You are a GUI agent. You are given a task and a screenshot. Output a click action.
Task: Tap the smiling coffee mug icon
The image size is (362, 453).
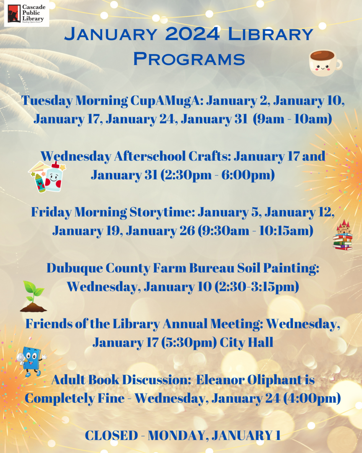325,63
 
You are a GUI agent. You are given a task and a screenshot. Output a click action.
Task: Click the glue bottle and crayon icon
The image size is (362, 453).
47,176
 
